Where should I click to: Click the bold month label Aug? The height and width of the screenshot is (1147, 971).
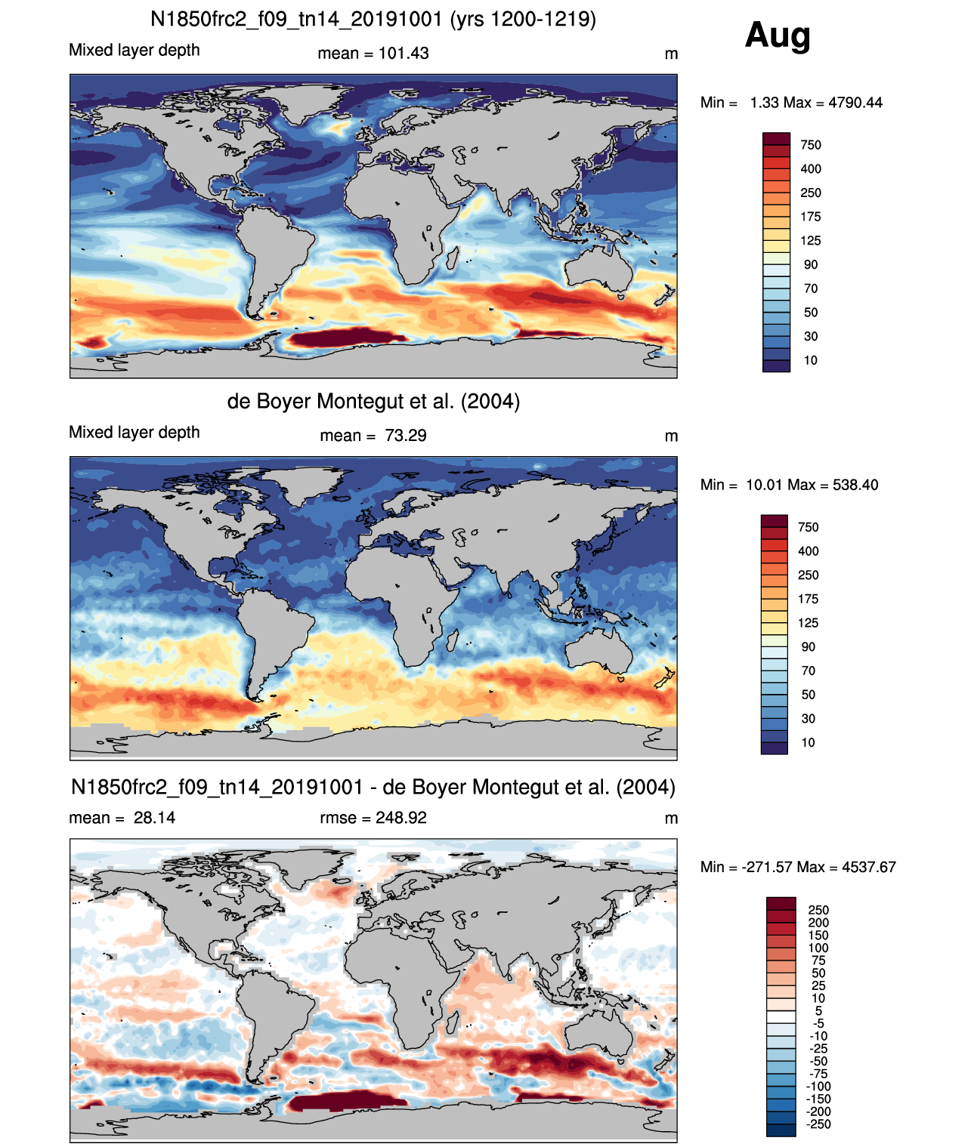(x=778, y=35)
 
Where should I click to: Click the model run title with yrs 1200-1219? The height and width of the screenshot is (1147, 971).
(x=373, y=19)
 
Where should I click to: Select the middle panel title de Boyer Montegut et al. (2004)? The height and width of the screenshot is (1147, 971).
(x=373, y=401)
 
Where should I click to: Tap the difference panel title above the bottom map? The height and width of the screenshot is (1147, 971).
(x=373, y=788)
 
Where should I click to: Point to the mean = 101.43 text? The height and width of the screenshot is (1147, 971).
(x=373, y=54)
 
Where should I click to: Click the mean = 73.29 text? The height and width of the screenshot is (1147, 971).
(x=373, y=436)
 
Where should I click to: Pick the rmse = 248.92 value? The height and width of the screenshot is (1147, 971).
(x=373, y=818)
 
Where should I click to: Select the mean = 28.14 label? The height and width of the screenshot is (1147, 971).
(x=122, y=818)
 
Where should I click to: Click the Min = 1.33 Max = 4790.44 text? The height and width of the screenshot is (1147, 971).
(x=791, y=103)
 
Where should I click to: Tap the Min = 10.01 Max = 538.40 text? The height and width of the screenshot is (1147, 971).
(x=789, y=485)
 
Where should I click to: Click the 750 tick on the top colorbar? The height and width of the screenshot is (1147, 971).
(x=810, y=145)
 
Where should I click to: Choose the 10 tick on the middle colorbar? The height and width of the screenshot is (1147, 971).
(x=808, y=742)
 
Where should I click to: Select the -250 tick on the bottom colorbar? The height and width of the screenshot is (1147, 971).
(x=818, y=1124)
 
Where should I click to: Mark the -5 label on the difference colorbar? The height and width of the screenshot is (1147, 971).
(x=818, y=1023)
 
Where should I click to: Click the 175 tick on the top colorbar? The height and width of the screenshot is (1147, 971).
(x=810, y=217)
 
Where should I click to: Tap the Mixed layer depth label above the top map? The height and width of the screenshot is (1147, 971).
(x=135, y=50)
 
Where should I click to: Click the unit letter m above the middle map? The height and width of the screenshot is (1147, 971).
(x=671, y=436)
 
